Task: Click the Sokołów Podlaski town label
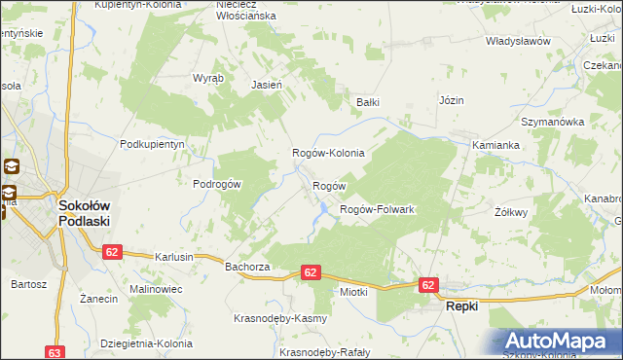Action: [x=84, y=213]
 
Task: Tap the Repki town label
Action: [x=461, y=306]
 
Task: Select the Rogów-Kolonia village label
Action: [x=329, y=153]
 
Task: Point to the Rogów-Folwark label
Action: [x=377, y=210]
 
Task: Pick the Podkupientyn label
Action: [x=152, y=144]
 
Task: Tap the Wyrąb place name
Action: [x=208, y=78]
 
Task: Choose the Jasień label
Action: [x=267, y=85]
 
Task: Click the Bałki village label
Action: [x=366, y=101]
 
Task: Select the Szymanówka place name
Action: [x=552, y=123]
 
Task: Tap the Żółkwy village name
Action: [x=511, y=211]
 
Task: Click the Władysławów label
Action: [x=519, y=42]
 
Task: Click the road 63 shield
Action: [x=55, y=353]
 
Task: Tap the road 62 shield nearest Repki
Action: [x=429, y=285]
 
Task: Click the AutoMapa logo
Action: [x=560, y=342]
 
